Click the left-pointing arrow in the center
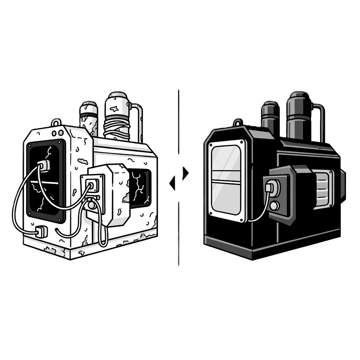click(172, 183)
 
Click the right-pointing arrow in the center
click(186, 172)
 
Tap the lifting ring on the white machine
click(56, 122)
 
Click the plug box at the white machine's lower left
click(42, 231)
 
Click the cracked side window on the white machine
click(139, 185)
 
